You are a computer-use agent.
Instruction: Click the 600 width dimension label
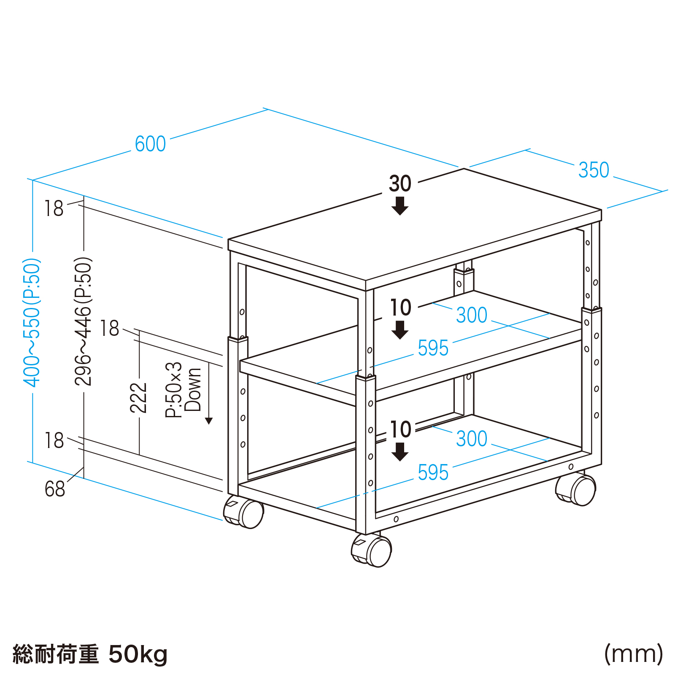coord(150,144)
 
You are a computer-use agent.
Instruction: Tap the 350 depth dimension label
coord(594,170)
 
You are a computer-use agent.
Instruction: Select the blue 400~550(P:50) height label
coord(32,323)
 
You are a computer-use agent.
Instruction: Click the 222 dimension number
coord(138,397)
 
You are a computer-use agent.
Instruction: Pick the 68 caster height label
coord(55,489)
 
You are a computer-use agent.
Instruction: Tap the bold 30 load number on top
coord(400,184)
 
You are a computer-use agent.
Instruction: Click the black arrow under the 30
coord(400,206)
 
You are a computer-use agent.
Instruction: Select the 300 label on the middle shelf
coord(471,315)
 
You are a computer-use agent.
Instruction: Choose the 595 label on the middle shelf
coord(433,348)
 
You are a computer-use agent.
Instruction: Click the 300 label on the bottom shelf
coord(471,439)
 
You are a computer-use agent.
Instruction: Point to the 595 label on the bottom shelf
coord(433,472)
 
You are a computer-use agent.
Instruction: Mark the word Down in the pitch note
coord(193,389)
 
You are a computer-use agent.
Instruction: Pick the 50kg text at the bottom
coord(138,654)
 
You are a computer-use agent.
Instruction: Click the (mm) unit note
coord(633,654)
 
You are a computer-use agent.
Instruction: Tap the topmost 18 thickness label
coord(54,208)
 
